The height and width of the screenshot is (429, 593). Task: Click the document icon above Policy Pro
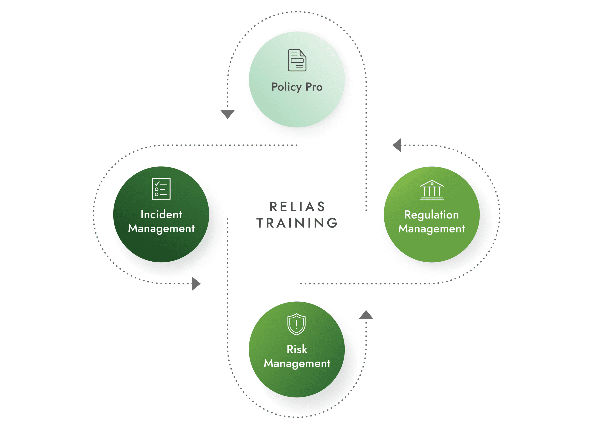point(297,60)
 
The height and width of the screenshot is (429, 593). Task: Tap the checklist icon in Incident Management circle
point(161,189)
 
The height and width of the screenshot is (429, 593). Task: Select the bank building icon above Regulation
point(432,190)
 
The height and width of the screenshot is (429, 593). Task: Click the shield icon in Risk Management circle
point(296,324)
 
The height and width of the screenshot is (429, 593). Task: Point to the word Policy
point(286,87)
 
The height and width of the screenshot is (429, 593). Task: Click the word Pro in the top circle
point(314,87)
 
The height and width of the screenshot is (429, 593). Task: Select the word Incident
point(161,214)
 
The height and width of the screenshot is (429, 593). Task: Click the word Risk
point(297,349)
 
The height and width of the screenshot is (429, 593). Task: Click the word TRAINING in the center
point(297,223)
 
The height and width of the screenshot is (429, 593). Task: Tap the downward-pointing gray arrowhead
point(227,114)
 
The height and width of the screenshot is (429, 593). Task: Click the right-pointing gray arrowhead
point(196,283)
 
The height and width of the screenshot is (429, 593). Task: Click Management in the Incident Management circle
point(161,229)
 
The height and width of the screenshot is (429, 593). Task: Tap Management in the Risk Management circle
point(297,363)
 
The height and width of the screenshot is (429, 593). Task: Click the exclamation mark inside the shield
point(296,325)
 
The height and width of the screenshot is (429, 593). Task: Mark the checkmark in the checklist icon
point(157,184)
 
